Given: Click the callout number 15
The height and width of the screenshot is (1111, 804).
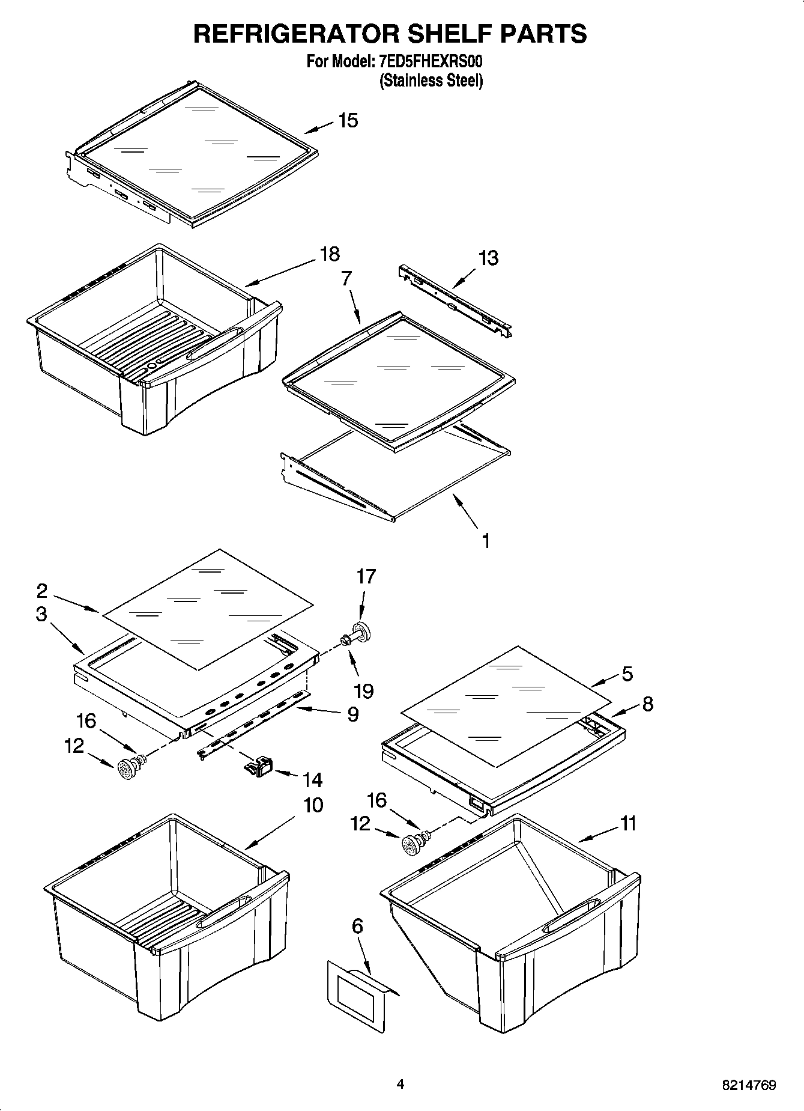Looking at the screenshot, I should [x=348, y=120].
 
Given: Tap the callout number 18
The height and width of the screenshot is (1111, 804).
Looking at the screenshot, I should [x=329, y=254].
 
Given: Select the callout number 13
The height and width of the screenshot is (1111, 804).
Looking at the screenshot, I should [x=488, y=258].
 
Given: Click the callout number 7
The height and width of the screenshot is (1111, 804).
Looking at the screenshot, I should [x=346, y=279].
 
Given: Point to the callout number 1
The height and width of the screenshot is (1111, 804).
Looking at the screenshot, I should [x=485, y=541].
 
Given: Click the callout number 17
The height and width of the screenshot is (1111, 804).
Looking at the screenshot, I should [x=365, y=576].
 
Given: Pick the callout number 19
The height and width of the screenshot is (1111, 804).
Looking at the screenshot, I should [x=363, y=690].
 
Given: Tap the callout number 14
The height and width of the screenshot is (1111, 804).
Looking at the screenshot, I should [x=312, y=780].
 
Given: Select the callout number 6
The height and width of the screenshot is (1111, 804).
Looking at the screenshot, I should [x=357, y=926].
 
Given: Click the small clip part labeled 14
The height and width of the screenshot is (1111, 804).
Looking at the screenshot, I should [x=258, y=767].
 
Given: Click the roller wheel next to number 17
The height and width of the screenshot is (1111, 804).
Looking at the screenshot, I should [x=363, y=632].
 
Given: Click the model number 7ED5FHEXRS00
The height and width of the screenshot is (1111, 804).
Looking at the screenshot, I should [x=431, y=62].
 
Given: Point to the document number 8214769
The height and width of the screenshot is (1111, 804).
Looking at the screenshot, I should [x=748, y=1085].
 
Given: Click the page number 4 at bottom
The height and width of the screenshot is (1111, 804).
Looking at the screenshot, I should [x=400, y=1084].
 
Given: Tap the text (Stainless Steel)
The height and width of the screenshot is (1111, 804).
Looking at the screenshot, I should [x=431, y=81].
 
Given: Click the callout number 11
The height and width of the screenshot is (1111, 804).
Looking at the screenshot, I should [x=627, y=823].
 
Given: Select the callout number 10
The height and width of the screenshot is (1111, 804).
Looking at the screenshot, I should [x=312, y=805].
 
